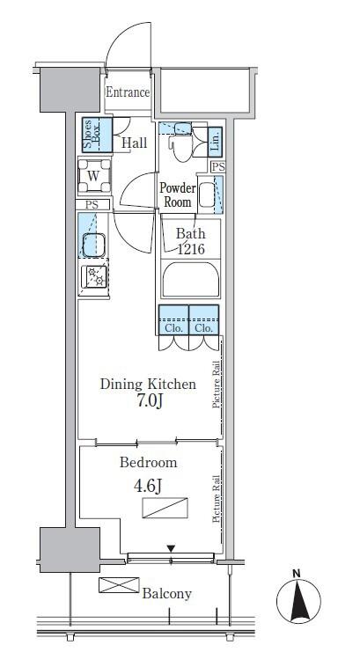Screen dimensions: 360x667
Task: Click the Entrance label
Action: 128,92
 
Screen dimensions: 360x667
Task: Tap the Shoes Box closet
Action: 98,135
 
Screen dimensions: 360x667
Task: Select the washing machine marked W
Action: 94,175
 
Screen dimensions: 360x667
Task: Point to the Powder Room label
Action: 178,194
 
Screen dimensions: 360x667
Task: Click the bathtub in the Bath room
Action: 191,280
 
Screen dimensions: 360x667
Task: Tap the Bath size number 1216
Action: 191,249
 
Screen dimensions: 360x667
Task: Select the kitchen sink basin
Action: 94,245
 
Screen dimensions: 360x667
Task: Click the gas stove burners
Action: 94,276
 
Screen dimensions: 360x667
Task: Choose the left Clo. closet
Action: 173,320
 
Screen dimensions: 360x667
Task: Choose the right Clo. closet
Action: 204,320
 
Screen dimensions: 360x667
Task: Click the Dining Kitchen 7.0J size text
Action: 149,401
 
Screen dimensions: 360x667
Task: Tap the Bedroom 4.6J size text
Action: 148,487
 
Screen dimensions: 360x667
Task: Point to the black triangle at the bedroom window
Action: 171,548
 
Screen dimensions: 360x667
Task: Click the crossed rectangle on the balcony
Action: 119,585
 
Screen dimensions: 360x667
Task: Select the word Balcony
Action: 167,594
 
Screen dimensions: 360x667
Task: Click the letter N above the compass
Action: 297,574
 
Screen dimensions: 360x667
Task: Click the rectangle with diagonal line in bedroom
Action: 165,508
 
